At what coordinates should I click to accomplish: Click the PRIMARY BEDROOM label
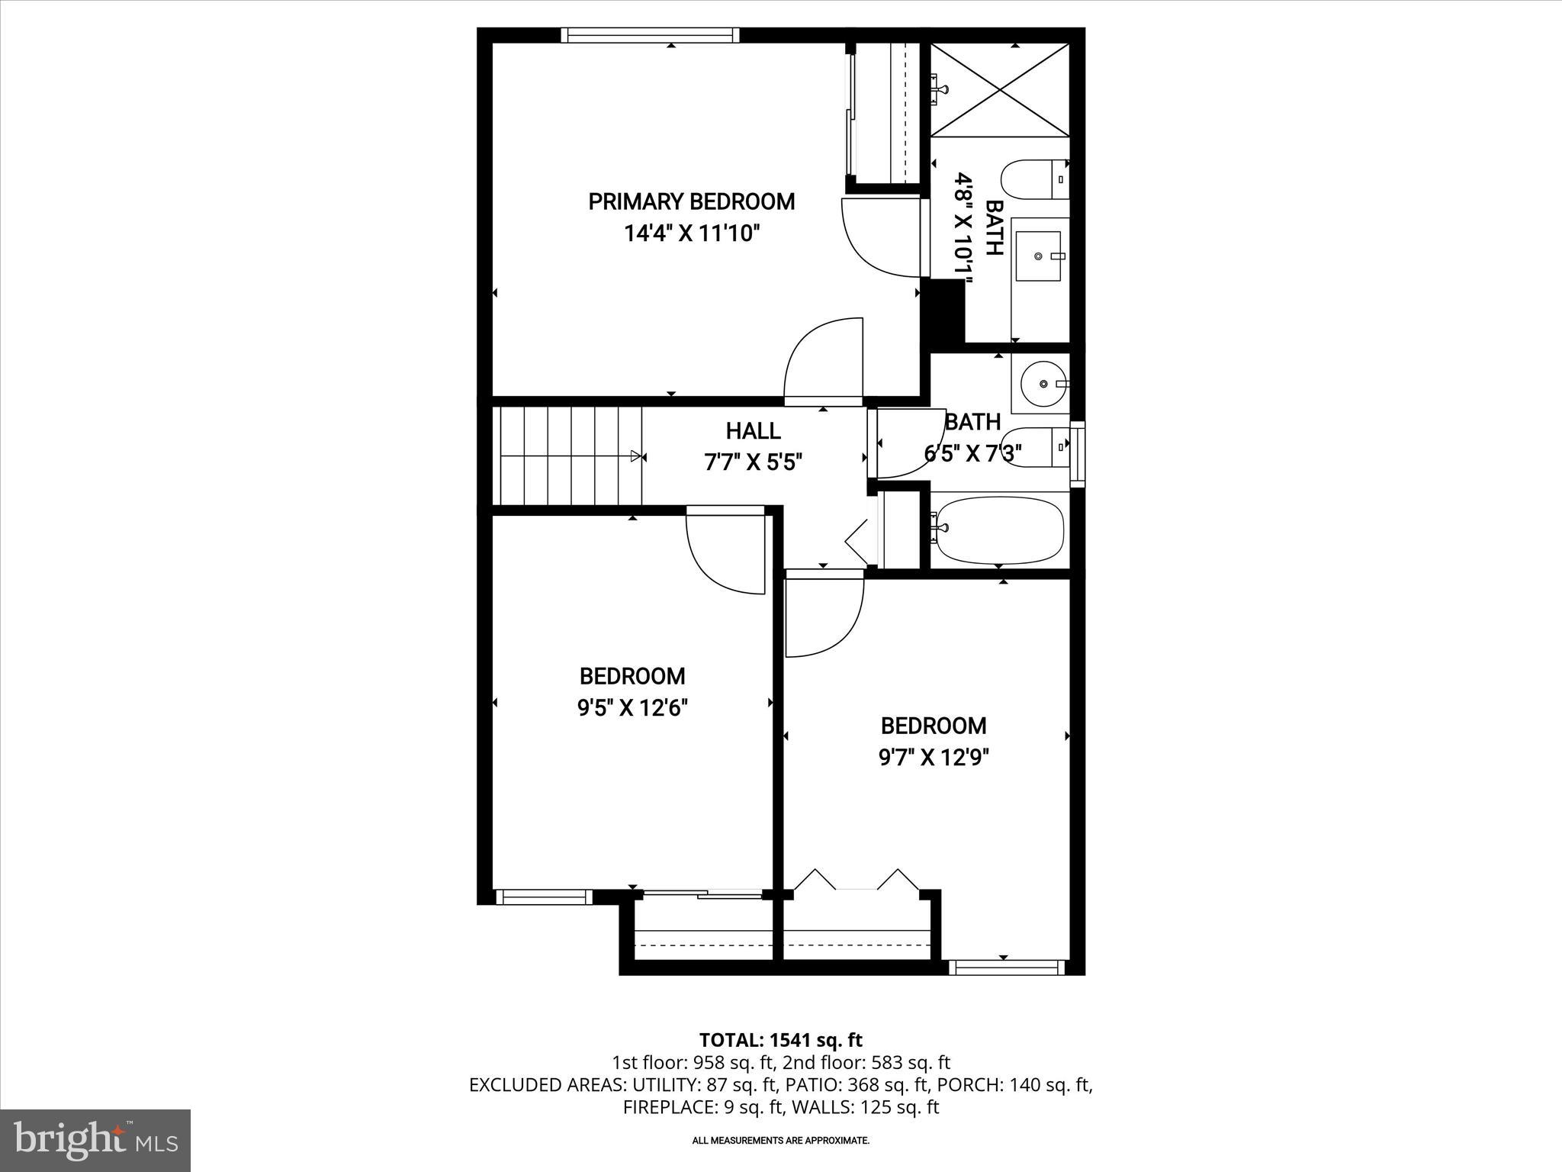(x=691, y=201)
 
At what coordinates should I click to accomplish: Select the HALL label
(x=753, y=431)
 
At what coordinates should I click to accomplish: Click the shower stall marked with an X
(x=999, y=90)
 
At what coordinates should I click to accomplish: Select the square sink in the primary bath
(x=1040, y=256)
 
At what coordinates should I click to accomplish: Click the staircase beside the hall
(x=569, y=456)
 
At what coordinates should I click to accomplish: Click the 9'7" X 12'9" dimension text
(x=934, y=758)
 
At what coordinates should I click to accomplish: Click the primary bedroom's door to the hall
(x=822, y=362)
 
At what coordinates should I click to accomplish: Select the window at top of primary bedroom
(x=651, y=35)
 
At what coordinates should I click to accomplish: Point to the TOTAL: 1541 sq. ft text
(x=780, y=1040)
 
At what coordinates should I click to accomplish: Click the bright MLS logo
(x=96, y=1141)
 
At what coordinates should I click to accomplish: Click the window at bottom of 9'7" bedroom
(x=1005, y=967)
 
